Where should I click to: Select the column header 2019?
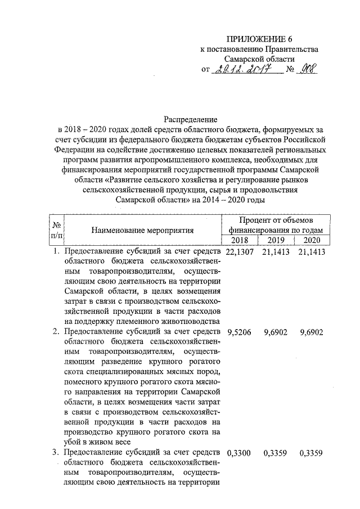click(x=276, y=241)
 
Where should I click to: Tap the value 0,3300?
click(x=241, y=452)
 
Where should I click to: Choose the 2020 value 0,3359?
click(x=312, y=452)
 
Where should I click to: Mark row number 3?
click(x=56, y=452)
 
